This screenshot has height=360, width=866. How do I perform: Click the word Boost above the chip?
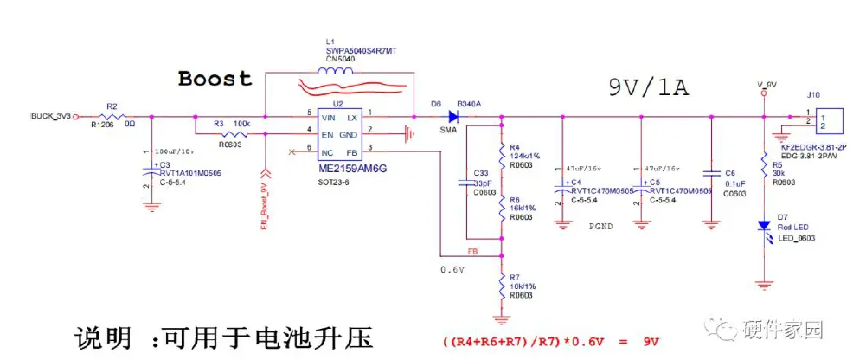[x=215, y=79]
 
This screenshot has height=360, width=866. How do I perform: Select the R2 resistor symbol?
[x=112, y=115]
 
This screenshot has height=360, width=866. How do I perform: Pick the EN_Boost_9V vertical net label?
[x=264, y=203]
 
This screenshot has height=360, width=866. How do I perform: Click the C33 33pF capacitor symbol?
[x=468, y=183]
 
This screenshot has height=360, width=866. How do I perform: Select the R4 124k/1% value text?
[x=526, y=155]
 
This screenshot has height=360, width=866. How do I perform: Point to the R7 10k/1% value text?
[x=523, y=286]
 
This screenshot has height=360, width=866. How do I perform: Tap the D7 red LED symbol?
[x=763, y=226]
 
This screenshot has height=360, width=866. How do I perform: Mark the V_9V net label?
[x=767, y=84]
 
